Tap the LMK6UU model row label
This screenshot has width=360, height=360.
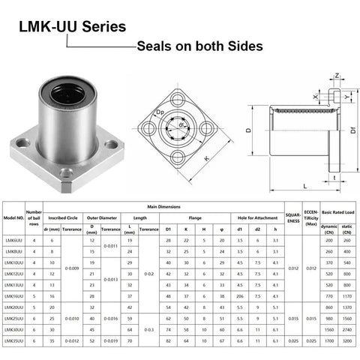coord(13,240)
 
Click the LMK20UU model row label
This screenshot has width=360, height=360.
coord(13,307)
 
